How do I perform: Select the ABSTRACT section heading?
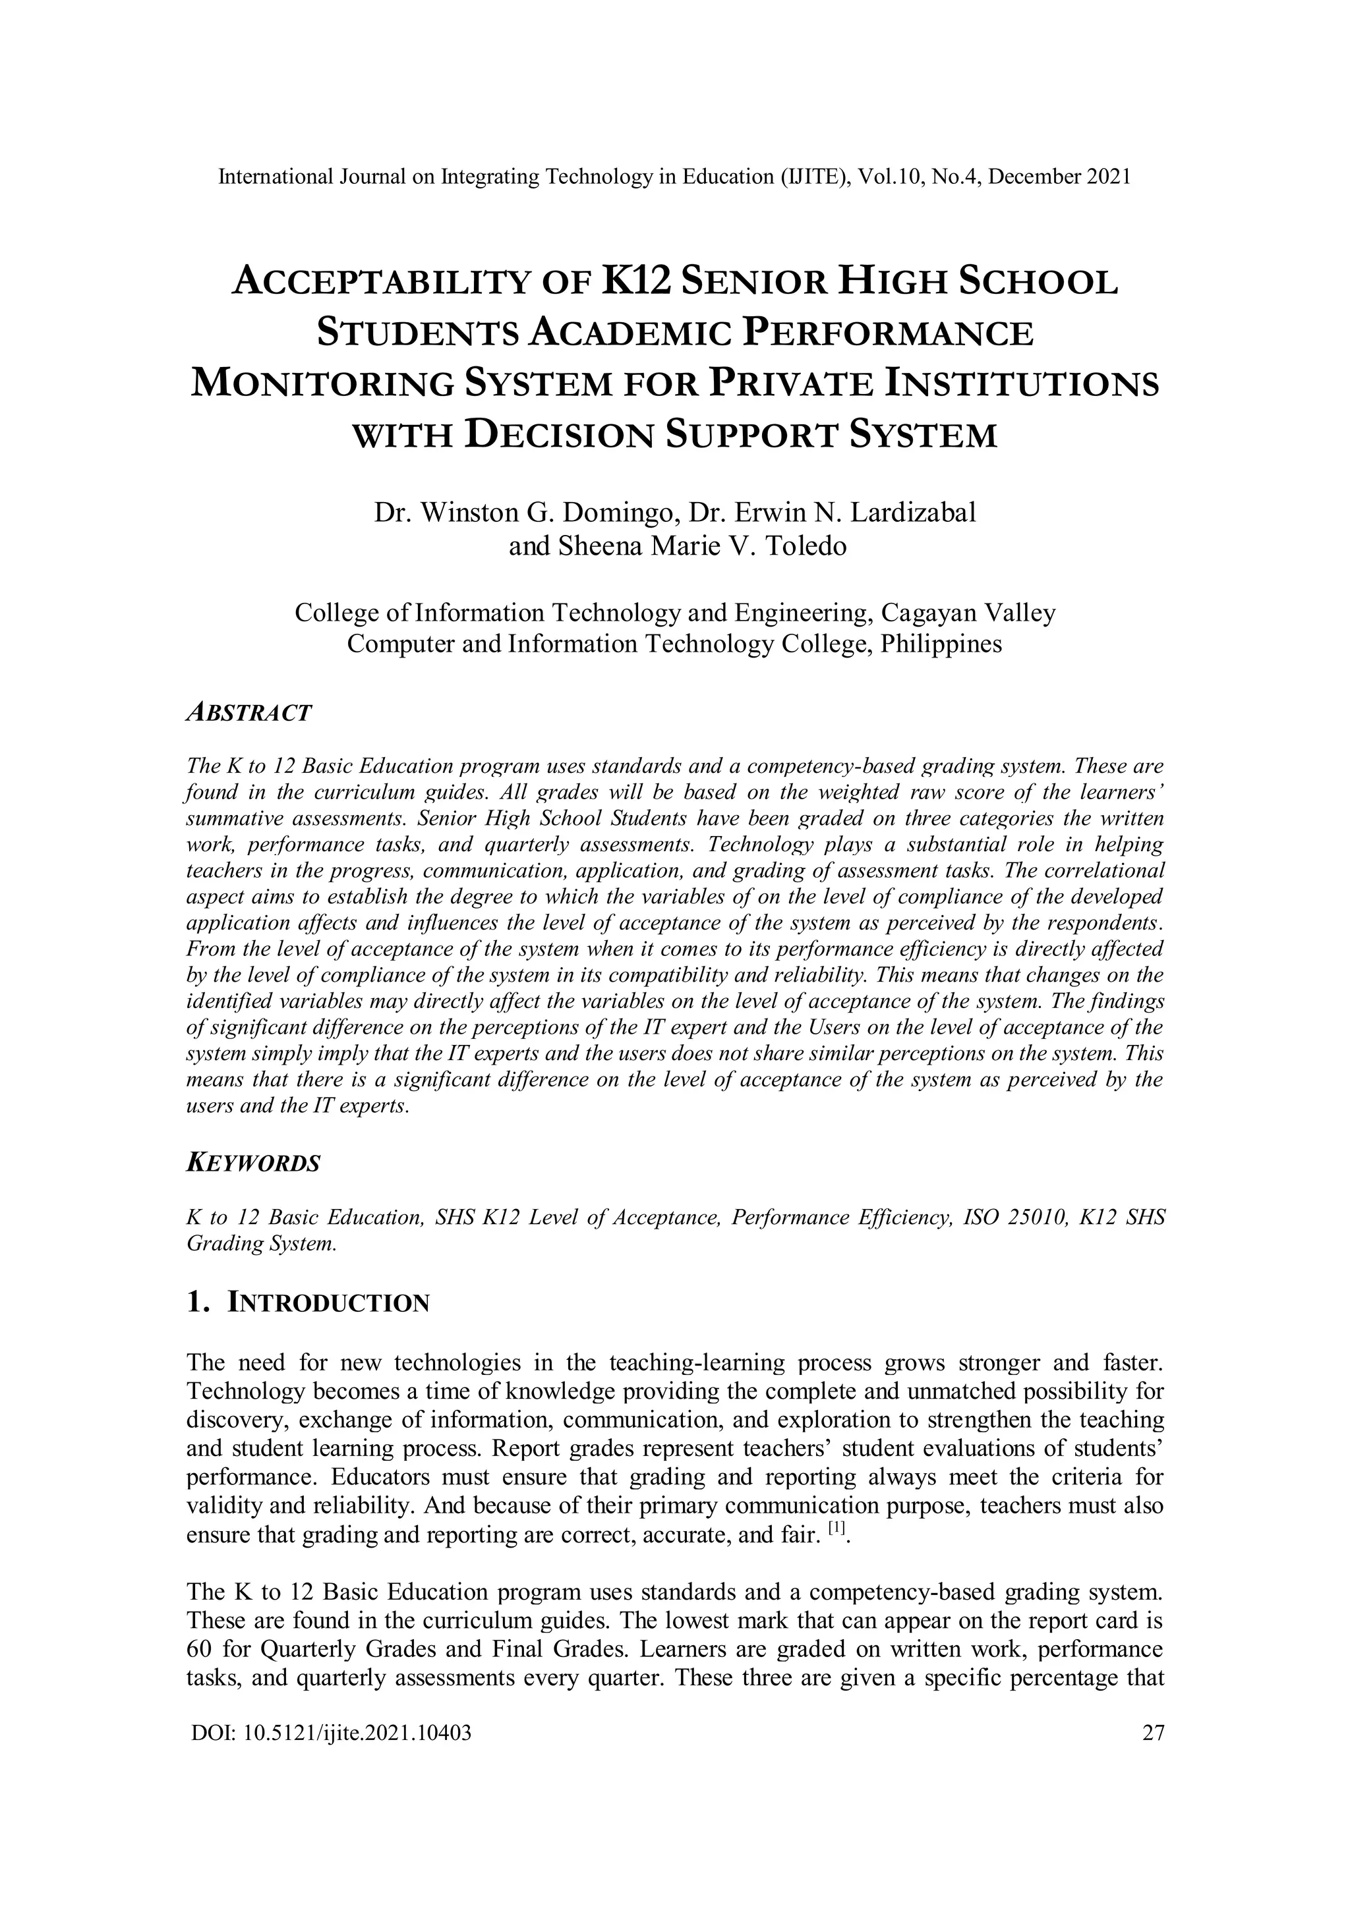click(x=249, y=712)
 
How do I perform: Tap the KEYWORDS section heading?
click(x=254, y=1164)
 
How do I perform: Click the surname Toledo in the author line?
click(x=805, y=547)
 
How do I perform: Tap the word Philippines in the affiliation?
click(x=941, y=644)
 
